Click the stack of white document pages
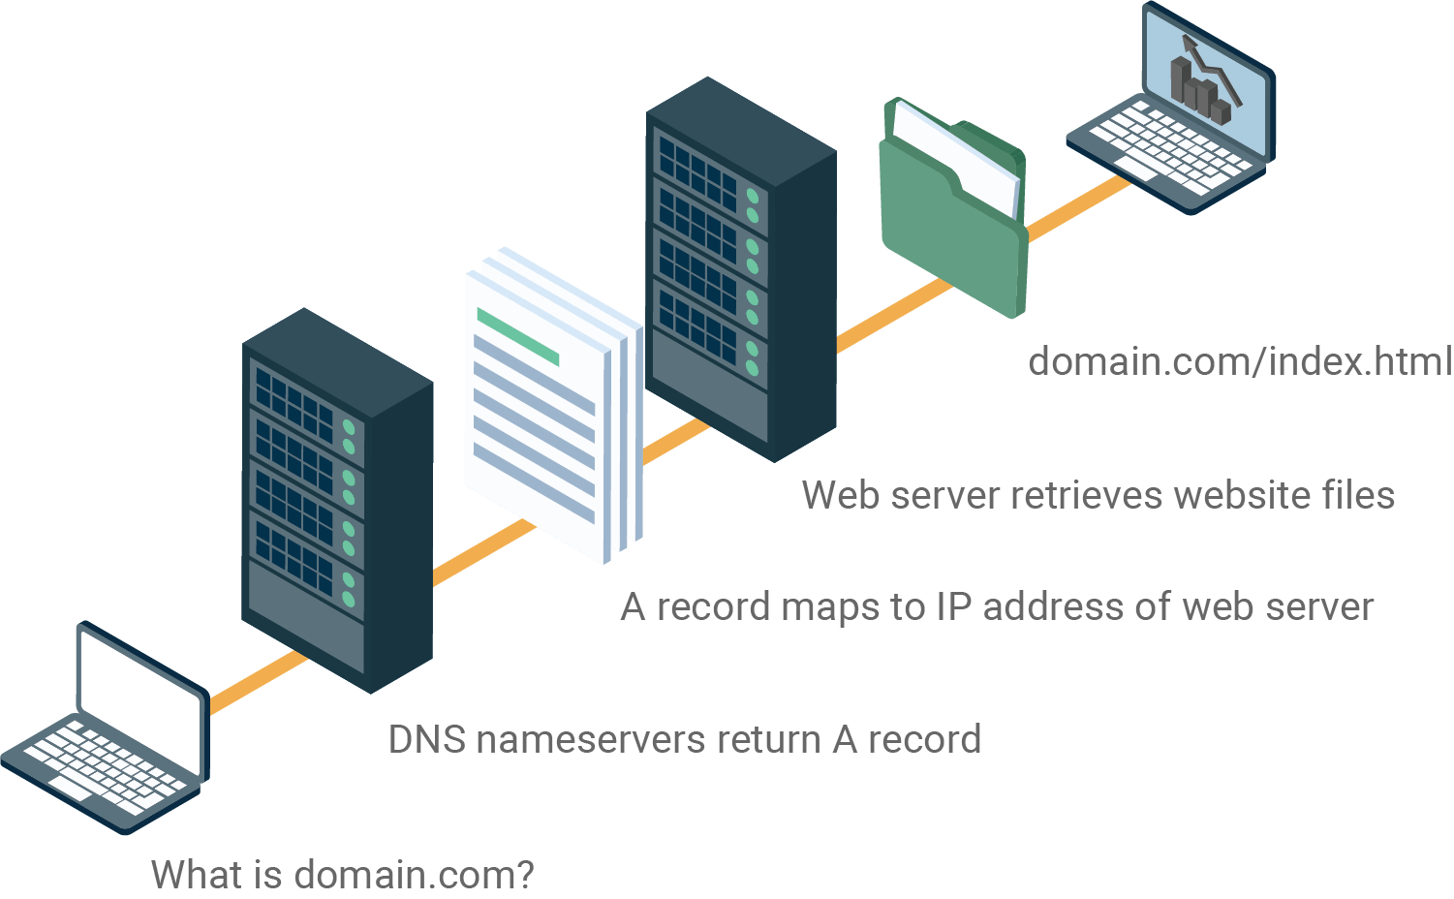(547, 407)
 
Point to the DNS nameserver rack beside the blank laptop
(334, 499)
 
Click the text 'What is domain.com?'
(343, 875)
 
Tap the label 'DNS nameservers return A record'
(684, 740)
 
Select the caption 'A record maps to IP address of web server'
(996, 607)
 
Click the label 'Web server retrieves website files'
(1098, 496)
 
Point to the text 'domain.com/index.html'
(1240, 362)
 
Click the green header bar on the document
(518, 336)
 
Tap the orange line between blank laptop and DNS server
(257, 683)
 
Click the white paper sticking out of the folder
(959, 155)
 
